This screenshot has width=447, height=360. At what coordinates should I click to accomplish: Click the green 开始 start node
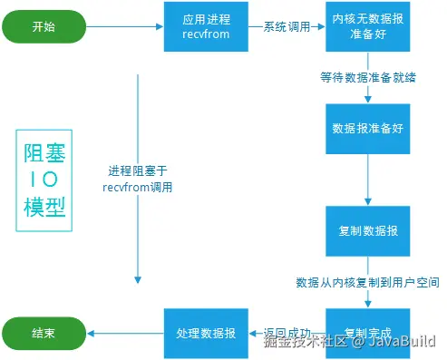click(x=43, y=27)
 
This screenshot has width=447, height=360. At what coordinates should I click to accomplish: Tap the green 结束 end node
click(x=43, y=333)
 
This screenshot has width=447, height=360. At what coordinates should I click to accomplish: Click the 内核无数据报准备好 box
click(x=368, y=27)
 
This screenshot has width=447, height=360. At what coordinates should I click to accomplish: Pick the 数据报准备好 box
click(x=368, y=130)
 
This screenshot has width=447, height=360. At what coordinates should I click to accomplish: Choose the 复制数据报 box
click(x=368, y=231)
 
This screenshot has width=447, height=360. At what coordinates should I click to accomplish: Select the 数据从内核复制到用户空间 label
click(x=368, y=282)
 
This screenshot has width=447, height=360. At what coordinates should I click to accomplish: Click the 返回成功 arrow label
click(x=287, y=332)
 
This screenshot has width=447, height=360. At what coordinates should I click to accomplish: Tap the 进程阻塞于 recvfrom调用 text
click(x=138, y=178)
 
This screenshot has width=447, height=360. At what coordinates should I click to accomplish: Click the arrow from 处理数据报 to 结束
click(x=124, y=333)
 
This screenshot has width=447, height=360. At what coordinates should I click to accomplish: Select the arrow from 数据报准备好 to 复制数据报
click(x=368, y=180)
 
